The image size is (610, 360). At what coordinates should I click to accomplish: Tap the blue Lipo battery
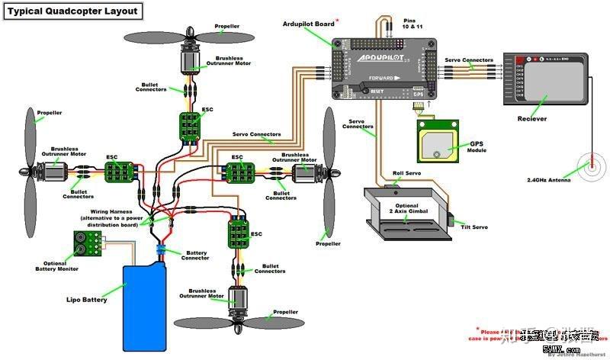pos(145,301)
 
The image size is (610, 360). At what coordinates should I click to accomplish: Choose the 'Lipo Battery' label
pos(86,300)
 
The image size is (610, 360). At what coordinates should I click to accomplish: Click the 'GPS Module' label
pos(477,146)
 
